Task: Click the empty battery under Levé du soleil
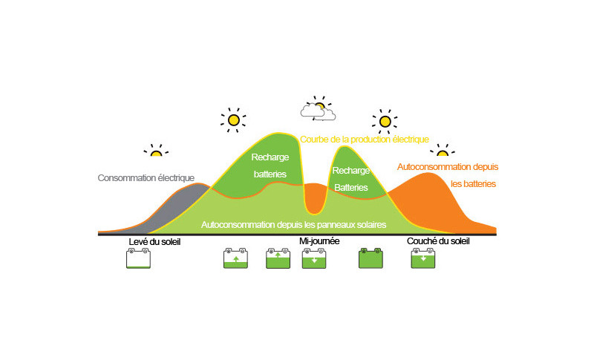[x=138, y=258]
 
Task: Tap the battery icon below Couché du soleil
[x=423, y=258]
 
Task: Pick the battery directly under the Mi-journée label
[x=314, y=258]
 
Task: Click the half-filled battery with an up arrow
[x=235, y=258]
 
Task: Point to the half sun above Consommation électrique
[x=156, y=151]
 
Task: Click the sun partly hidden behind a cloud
[x=319, y=108]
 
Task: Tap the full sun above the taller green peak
[x=233, y=119]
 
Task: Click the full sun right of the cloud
[x=385, y=121]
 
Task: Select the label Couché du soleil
[x=438, y=241]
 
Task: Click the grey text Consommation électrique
[x=146, y=177]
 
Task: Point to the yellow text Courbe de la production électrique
[x=365, y=140]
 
